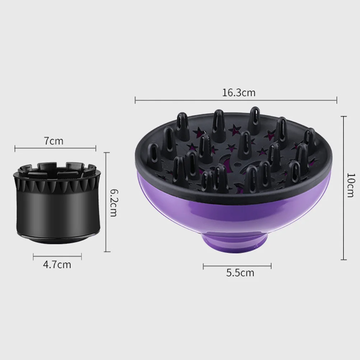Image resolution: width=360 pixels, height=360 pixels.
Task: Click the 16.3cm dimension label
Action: click(x=238, y=93)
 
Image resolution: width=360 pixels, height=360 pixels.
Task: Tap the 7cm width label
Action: click(x=54, y=141)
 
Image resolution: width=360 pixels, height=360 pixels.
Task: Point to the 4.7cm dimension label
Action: click(x=57, y=265)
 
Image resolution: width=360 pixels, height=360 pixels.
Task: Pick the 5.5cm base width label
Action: click(x=240, y=273)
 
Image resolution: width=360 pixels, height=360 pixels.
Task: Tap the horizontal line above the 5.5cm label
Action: click(x=237, y=266)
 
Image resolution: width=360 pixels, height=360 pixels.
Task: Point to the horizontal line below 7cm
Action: click(x=55, y=147)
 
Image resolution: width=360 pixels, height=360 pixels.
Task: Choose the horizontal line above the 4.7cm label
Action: click(x=57, y=256)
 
